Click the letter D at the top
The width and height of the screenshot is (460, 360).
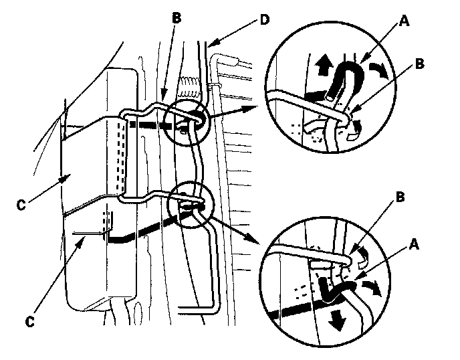coord(264,17)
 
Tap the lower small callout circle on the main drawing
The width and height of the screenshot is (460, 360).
coord(190,208)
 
